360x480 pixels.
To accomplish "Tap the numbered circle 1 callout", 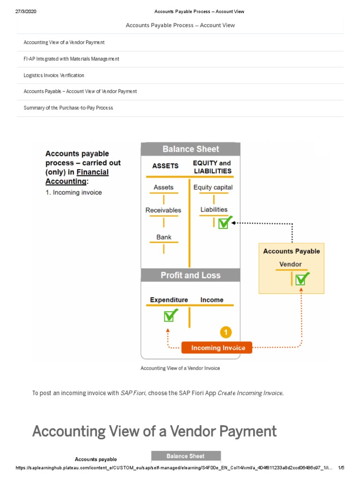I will [x=225, y=332].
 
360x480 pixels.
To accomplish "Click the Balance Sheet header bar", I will [x=191, y=149].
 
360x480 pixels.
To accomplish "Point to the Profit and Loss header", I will [x=190, y=275].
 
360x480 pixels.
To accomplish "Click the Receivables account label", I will [x=163, y=210].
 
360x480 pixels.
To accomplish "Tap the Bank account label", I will [x=164, y=237].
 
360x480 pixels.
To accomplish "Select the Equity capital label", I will [x=213, y=187].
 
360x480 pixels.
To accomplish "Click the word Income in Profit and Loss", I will [x=212, y=300].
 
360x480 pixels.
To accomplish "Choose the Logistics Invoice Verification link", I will [x=54, y=75].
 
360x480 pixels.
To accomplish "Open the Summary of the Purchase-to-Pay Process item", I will [x=68, y=108].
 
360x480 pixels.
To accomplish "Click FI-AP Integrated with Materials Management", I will [x=71, y=59].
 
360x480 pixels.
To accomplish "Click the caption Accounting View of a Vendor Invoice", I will [x=180, y=368].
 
